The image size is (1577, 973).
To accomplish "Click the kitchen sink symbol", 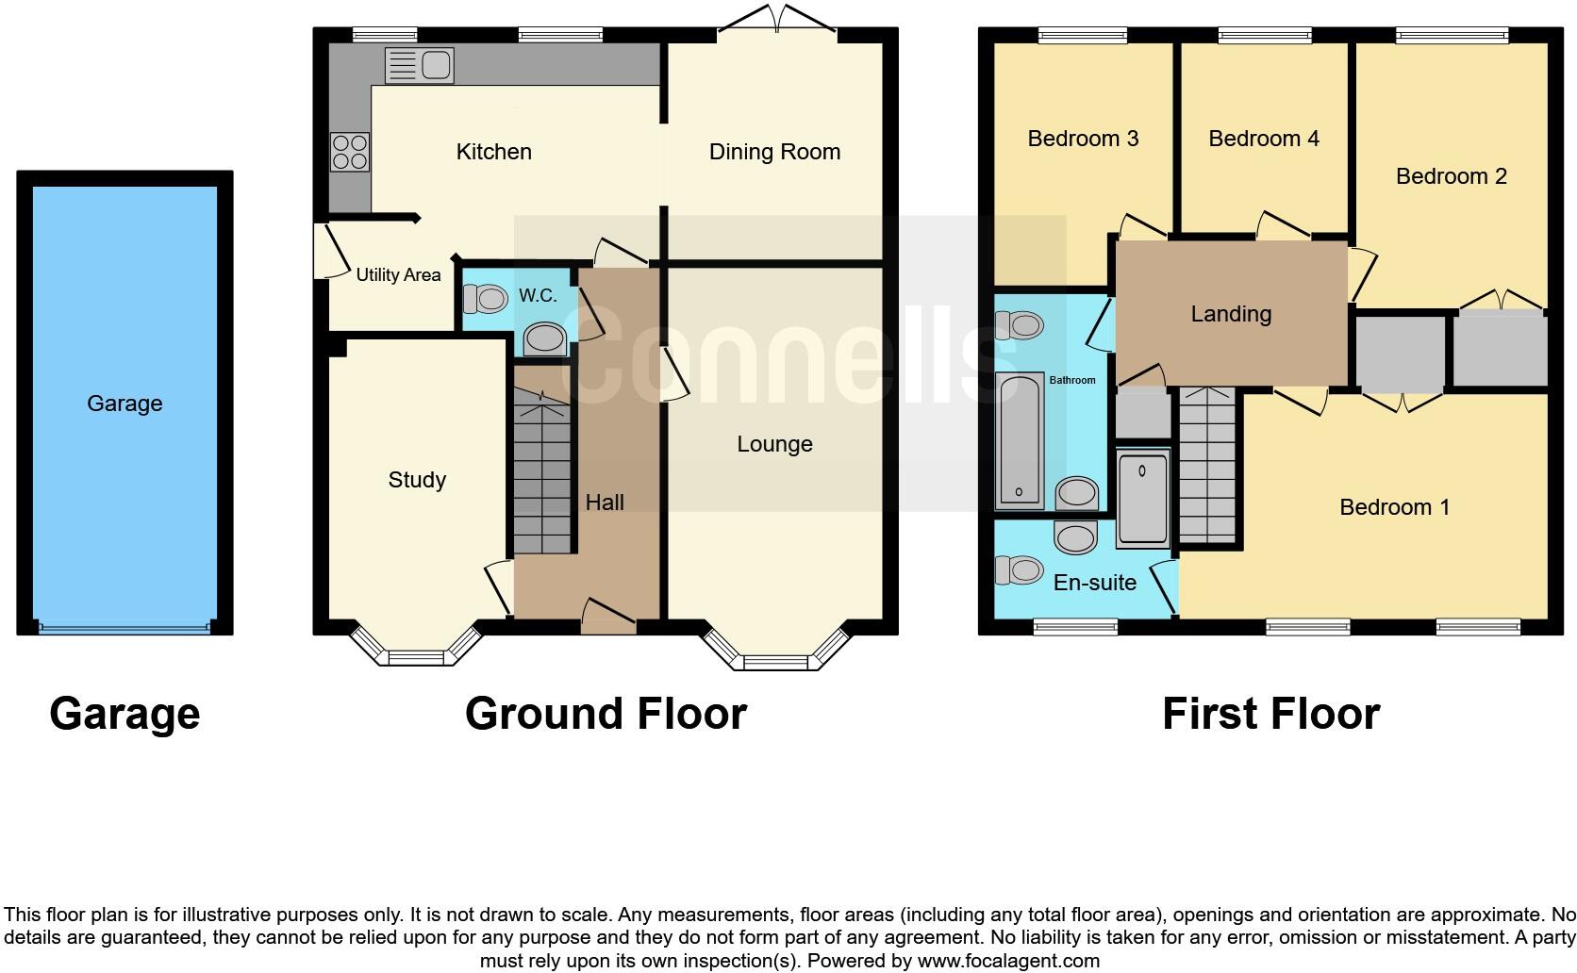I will pyautogui.click(x=420, y=66).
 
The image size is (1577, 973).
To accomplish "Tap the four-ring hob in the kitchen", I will pyautogui.click(x=349, y=153).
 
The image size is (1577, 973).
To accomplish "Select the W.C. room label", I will pyautogui.click(x=538, y=296).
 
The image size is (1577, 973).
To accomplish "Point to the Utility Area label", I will pyautogui.click(x=398, y=275).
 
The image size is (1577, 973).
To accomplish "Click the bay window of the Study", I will pyautogui.click(x=415, y=652).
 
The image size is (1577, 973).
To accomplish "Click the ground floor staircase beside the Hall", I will pyautogui.click(x=543, y=471).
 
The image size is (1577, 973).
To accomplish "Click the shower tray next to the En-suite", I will pyautogui.click(x=1142, y=498).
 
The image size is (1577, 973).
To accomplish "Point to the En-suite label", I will pyautogui.click(x=1094, y=583).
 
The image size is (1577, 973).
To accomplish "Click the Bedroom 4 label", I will pyautogui.click(x=1263, y=139).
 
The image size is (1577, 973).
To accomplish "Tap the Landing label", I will pyautogui.click(x=1231, y=314).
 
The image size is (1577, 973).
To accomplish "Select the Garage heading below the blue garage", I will pyautogui.click(x=124, y=714).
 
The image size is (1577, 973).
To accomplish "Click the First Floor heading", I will pyautogui.click(x=1270, y=714).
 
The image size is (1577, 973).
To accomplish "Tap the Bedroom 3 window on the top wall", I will pyautogui.click(x=1082, y=36).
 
